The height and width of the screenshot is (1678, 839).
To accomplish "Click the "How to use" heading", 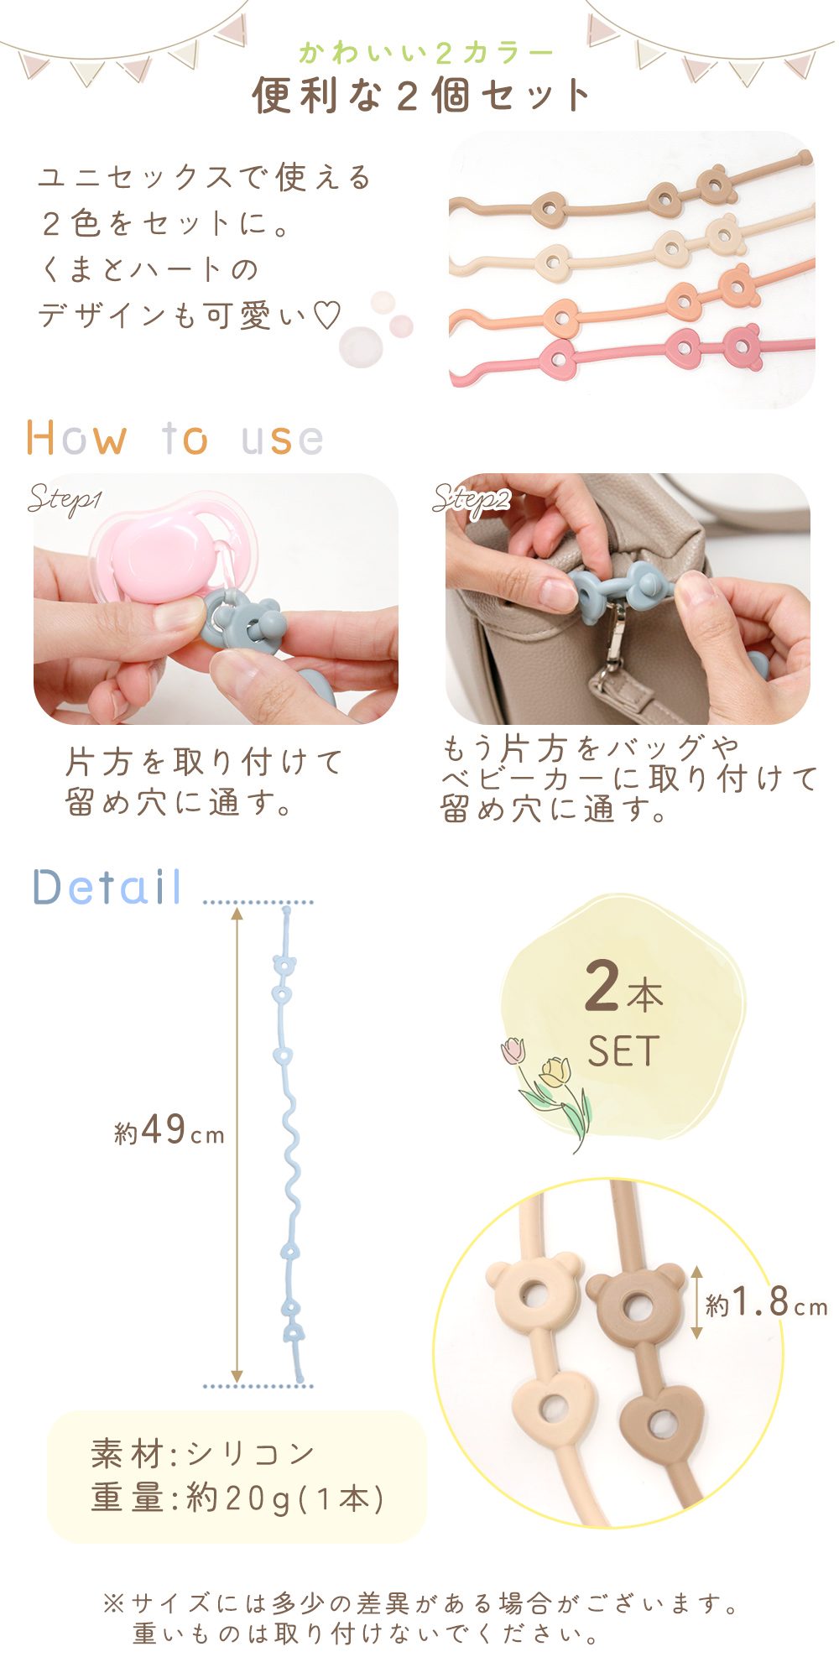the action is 175,438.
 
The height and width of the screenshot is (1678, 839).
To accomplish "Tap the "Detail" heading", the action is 107,887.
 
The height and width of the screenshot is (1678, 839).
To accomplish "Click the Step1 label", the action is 65,500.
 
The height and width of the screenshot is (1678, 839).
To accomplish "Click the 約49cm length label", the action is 169,1131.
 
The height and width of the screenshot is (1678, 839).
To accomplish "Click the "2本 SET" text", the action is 623,1015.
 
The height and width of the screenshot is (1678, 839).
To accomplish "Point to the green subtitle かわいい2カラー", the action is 426,54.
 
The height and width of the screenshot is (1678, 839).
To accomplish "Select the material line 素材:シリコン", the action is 203,1453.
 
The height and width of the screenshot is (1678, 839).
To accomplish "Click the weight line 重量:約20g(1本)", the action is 238,1498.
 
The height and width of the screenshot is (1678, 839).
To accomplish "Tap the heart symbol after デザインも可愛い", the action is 327,316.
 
